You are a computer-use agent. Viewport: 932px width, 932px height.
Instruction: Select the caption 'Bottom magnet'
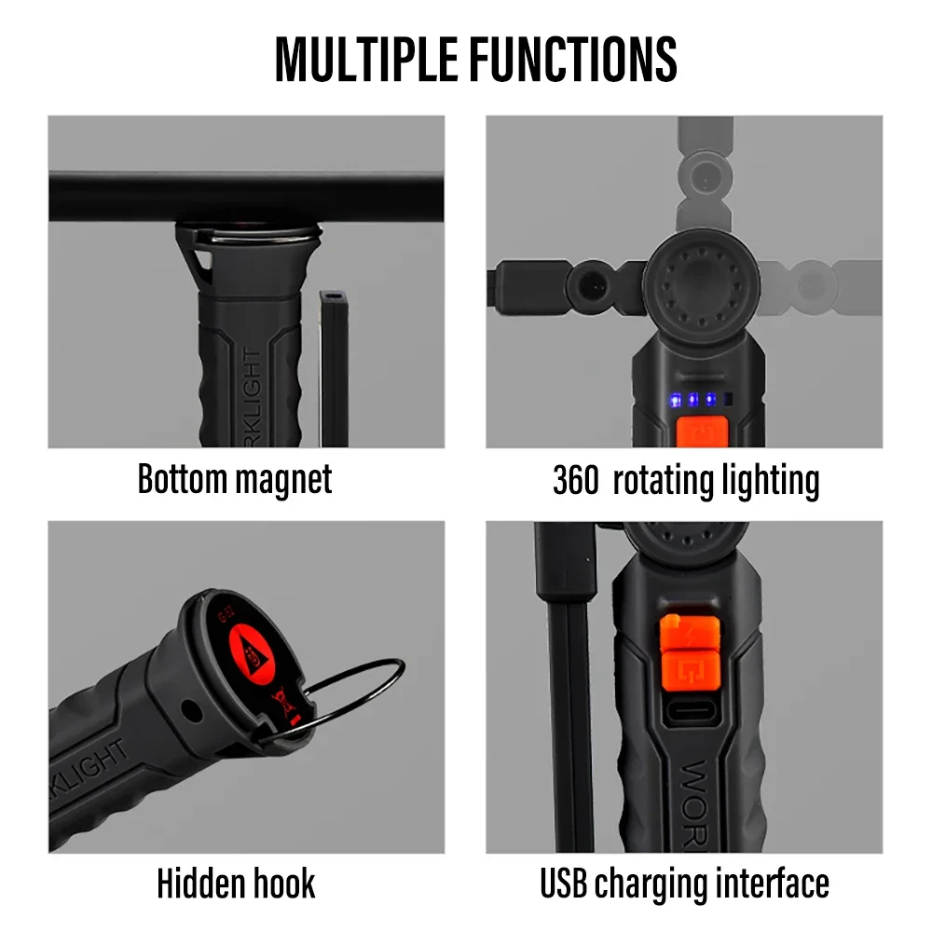(235, 479)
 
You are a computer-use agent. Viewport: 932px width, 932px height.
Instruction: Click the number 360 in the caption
(575, 481)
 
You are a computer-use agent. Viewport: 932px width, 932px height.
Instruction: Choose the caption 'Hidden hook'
(236, 883)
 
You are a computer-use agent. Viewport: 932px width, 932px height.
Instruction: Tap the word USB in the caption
(564, 882)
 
